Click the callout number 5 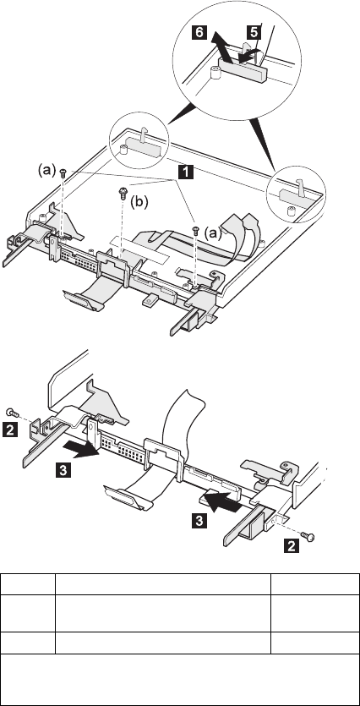pyautogui.click(x=254, y=32)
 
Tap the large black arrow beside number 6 pyautogui.click(x=222, y=47)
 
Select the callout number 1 pyautogui.click(x=186, y=172)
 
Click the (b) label pyautogui.click(x=139, y=202)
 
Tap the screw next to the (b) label pyautogui.click(x=122, y=194)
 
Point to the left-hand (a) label pyautogui.click(x=46, y=170)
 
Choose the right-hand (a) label pyautogui.click(x=213, y=233)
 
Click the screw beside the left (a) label pyautogui.click(x=63, y=172)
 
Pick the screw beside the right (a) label pyautogui.click(x=196, y=230)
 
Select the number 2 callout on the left pyautogui.click(x=10, y=429)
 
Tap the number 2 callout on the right pyautogui.click(x=292, y=546)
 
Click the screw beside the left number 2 pyautogui.click(x=12, y=412)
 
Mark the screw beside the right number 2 pyautogui.click(x=308, y=536)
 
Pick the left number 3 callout pyautogui.click(x=63, y=470)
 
